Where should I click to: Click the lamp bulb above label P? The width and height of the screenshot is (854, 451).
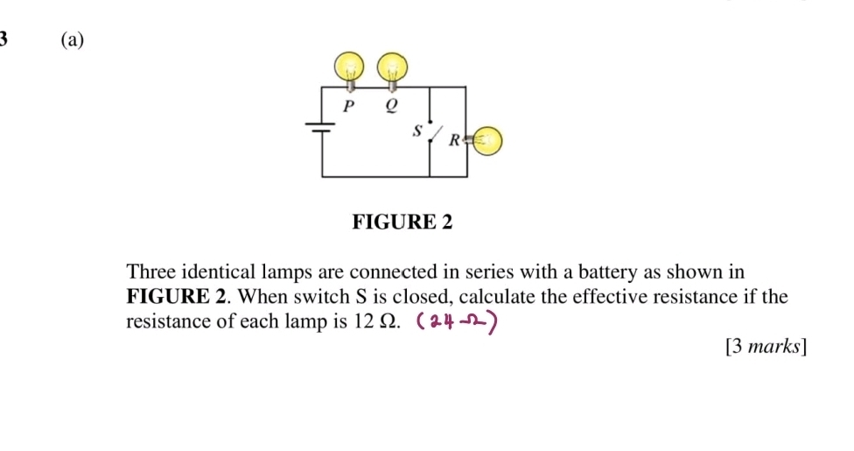tap(350, 67)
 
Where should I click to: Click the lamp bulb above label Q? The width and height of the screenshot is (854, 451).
tap(392, 67)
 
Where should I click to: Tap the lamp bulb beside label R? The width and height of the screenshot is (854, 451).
tap(487, 139)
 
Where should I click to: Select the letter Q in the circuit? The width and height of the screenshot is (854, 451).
tap(391, 106)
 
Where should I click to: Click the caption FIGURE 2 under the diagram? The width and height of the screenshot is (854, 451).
tap(402, 222)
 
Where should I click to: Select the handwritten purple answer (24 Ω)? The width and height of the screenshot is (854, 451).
tap(458, 324)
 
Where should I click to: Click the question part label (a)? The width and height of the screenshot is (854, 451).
tap(74, 39)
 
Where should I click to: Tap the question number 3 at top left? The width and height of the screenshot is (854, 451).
tap(4, 39)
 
